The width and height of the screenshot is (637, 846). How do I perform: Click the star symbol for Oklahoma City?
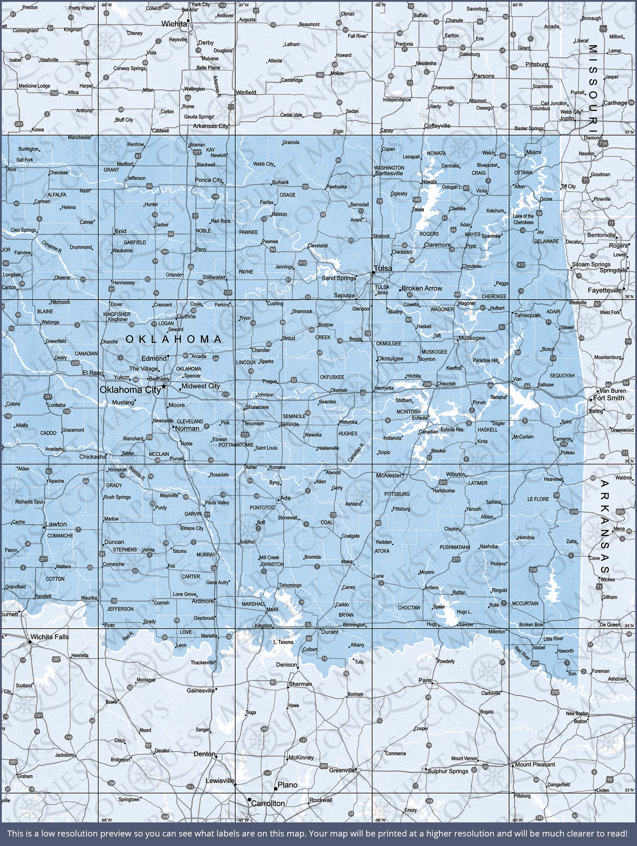pos(164,387)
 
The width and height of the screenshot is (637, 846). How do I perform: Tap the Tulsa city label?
pos(383,269)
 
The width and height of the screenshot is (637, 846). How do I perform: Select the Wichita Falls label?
pos(50,637)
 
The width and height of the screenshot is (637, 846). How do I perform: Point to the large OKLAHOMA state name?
pos(174,339)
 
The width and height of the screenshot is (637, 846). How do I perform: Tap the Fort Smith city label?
pos(609,398)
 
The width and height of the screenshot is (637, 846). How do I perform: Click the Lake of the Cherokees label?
pos(524,219)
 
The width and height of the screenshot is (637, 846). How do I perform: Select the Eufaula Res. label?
pos(452,429)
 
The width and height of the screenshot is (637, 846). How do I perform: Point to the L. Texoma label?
pos(283,642)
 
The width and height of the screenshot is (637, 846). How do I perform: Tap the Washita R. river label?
pos(136,473)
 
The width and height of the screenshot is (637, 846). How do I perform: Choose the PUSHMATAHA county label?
pos(454,547)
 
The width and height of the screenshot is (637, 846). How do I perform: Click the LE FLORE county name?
pos(538,499)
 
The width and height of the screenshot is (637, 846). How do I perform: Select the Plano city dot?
pos(276,789)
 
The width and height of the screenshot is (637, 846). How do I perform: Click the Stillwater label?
pos(214,277)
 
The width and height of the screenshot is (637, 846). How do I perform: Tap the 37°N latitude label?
pos(629,132)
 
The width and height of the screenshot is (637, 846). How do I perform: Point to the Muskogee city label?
pos(472,338)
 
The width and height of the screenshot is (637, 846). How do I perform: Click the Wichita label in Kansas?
pos(174,24)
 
